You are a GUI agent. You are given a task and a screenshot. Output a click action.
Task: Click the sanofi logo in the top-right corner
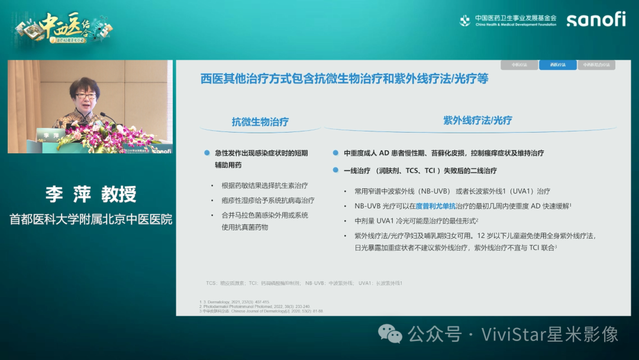[596, 20]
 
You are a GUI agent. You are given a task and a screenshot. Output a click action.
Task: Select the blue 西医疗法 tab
[557, 65]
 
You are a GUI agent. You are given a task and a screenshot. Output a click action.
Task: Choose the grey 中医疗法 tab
[519, 65]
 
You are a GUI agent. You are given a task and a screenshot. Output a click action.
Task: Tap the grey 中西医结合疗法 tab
[596, 65]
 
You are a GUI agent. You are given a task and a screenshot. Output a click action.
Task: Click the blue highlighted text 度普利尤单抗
[435, 205]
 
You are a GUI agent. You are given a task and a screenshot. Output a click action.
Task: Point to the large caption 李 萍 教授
[91, 194]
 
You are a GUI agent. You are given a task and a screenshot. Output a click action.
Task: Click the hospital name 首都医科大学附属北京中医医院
[91, 219]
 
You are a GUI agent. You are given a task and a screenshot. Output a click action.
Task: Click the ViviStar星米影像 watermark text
[550, 334]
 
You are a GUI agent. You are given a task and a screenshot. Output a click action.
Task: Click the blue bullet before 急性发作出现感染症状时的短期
[206, 153]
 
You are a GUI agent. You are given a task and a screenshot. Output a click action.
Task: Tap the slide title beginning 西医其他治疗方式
[344, 79]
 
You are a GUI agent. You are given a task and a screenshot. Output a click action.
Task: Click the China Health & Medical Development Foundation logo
[508, 20]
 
